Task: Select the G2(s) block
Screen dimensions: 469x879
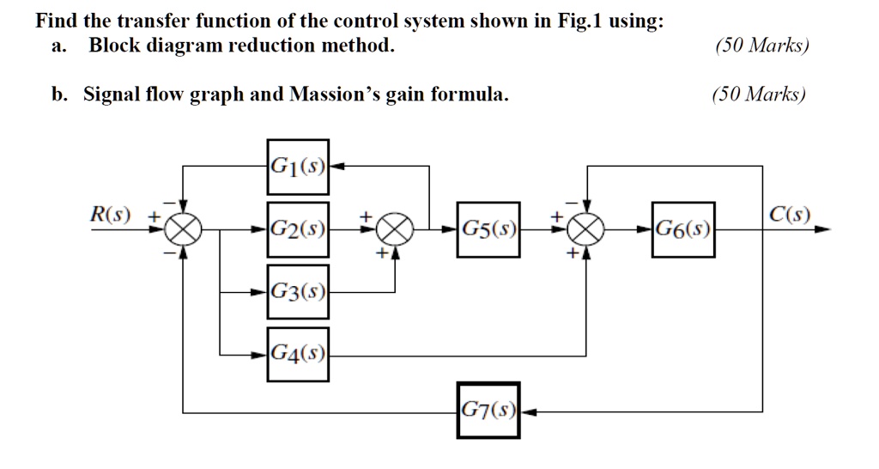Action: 297,229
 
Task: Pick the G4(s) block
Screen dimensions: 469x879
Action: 297,352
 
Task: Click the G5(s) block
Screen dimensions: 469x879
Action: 488,229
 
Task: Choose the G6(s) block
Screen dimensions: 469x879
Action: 682,229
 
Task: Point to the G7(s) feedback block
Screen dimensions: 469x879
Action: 488,411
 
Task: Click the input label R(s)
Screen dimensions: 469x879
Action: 110,213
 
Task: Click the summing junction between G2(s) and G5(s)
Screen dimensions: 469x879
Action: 396,229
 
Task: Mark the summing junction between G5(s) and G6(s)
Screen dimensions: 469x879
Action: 588,229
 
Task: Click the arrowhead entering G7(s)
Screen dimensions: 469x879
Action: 526,411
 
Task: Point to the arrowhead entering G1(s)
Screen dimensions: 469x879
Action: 336,166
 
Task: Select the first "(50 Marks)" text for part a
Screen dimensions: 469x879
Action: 761,46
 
